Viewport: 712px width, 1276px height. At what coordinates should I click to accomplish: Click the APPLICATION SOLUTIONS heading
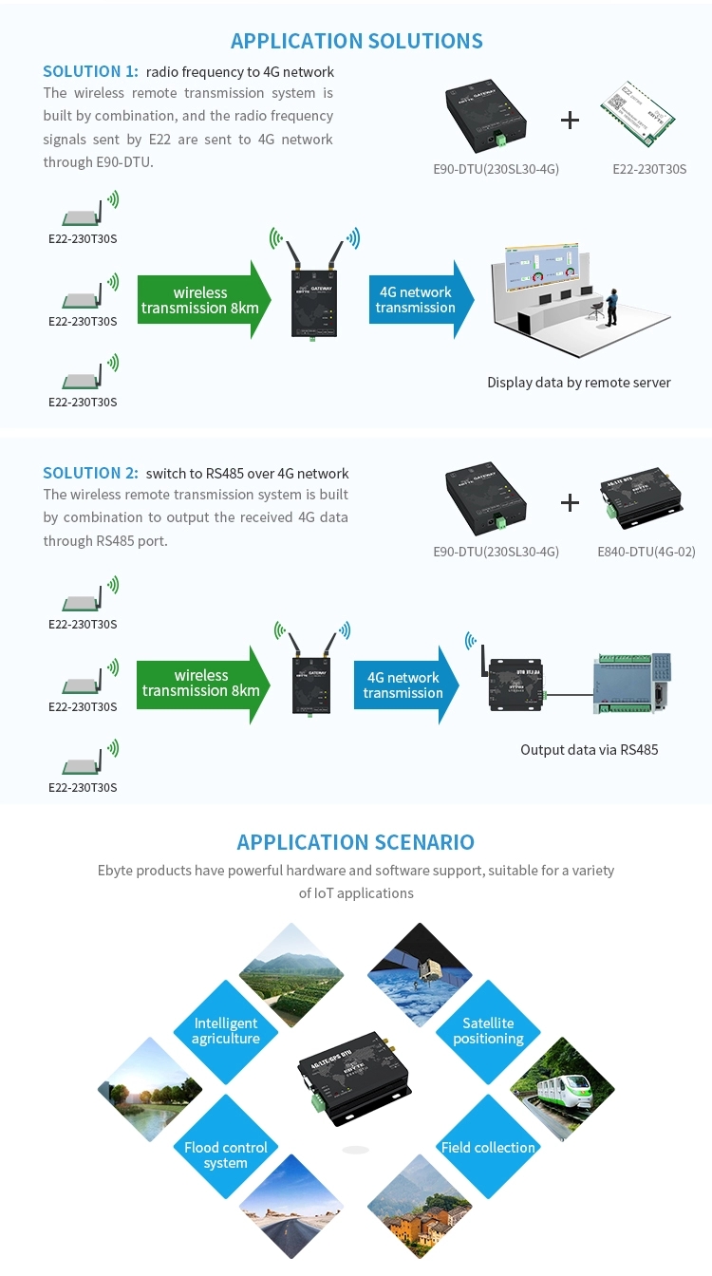tap(356, 41)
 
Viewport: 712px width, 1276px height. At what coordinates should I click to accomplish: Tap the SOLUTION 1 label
tap(90, 71)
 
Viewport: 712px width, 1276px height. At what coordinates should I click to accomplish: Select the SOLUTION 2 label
tap(90, 473)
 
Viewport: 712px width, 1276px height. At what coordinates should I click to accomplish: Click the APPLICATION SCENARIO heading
tap(356, 842)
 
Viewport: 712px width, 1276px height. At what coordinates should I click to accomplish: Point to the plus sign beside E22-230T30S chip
tap(570, 120)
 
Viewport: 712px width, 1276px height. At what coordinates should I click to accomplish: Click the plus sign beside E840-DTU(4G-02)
tap(570, 502)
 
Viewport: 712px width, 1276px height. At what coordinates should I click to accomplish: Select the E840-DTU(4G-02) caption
tap(653, 552)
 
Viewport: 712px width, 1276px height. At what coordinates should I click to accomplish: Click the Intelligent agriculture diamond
tap(226, 1031)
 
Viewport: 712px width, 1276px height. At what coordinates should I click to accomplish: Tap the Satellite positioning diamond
tap(488, 1031)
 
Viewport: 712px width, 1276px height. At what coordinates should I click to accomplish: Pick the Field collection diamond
tap(488, 1148)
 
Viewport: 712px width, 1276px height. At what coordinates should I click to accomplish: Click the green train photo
tap(562, 1089)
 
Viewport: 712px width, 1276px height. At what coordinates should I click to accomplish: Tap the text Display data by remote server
tap(579, 383)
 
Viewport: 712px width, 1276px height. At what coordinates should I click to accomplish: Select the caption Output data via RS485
tap(589, 750)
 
